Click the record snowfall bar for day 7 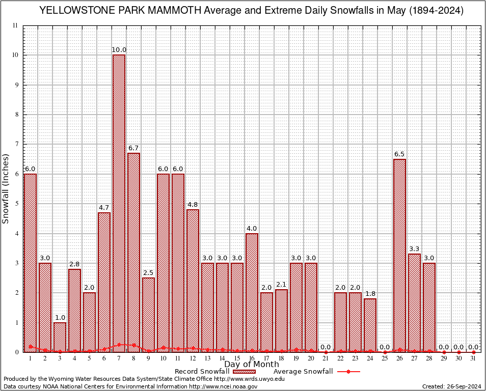[119, 204]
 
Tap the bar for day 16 [252, 293]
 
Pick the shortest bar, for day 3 [60, 337]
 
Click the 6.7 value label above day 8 [133, 148]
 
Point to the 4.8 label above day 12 [193, 205]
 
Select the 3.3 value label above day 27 [415, 249]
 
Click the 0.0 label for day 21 [326, 347]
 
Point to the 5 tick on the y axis [17, 204]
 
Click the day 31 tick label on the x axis [474, 358]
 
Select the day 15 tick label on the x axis [237, 358]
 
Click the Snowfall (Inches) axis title [6, 188]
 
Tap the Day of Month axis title [252, 365]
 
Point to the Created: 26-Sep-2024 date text [452, 386]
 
